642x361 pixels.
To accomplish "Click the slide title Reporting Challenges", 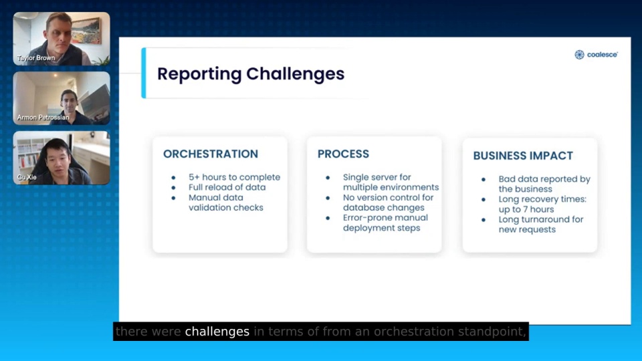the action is [251, 74].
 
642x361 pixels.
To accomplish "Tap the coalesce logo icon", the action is [579, 55].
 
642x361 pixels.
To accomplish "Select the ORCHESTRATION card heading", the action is [211, 154].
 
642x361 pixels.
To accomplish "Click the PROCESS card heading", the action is [343, 154].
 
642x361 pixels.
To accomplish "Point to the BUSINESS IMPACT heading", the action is [523, 156].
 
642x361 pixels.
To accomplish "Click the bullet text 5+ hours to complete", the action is [234, 177].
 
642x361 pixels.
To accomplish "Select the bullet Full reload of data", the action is [227, 187].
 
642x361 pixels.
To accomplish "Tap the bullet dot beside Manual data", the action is [173, 198].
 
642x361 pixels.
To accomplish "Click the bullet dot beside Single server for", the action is [328, 178].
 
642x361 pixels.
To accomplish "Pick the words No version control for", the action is [388, 198].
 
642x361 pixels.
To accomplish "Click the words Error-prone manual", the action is [385, 218].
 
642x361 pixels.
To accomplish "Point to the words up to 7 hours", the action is [526, 209].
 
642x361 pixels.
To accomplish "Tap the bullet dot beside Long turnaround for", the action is [483, 220].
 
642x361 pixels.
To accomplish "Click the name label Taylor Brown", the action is [36, 58].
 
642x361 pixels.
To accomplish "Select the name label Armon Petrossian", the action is [43, 118].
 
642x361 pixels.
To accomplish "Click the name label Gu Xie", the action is [27, 177].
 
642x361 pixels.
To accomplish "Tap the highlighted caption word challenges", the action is [217, 332].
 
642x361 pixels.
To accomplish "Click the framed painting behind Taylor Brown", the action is [86, 31].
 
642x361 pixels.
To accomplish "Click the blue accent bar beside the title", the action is [144, 73].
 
